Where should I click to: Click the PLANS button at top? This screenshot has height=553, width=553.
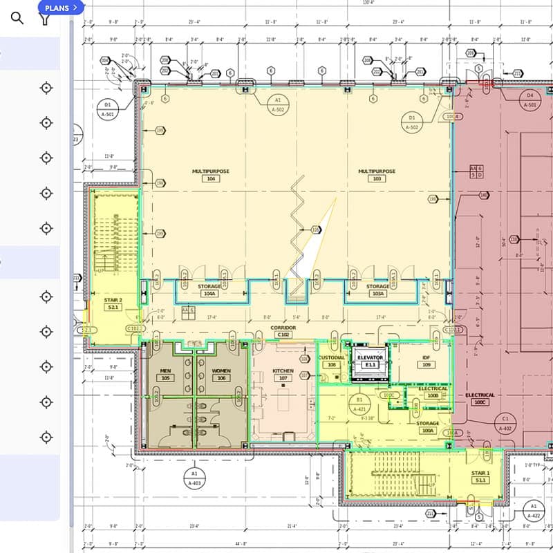click(x=62, y=8)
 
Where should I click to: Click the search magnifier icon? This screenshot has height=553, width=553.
click(x=17, y=18)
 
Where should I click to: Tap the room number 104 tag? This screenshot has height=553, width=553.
click(x=210, y=178)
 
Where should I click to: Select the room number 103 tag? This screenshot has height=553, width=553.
click(x=377, y=178)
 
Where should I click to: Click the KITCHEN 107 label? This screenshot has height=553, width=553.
click(x=283, y=375)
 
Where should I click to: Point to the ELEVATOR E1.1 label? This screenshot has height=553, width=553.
click(x=370, y=361)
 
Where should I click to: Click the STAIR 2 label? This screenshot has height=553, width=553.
click(x=113, y=303)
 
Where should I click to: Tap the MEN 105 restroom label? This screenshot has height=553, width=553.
click(x=165, y=375)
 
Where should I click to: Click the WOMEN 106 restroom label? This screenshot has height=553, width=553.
click(x=221, y=375)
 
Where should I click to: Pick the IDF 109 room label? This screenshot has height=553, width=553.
click(x=427, y=361)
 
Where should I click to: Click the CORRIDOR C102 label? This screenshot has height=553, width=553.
click(x=282, y=330)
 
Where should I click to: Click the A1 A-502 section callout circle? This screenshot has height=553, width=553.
click(x=278, y=104)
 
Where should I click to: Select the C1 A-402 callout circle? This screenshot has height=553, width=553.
click(x=505, y=423)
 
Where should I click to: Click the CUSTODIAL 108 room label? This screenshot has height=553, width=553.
click(x=332, y=361)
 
